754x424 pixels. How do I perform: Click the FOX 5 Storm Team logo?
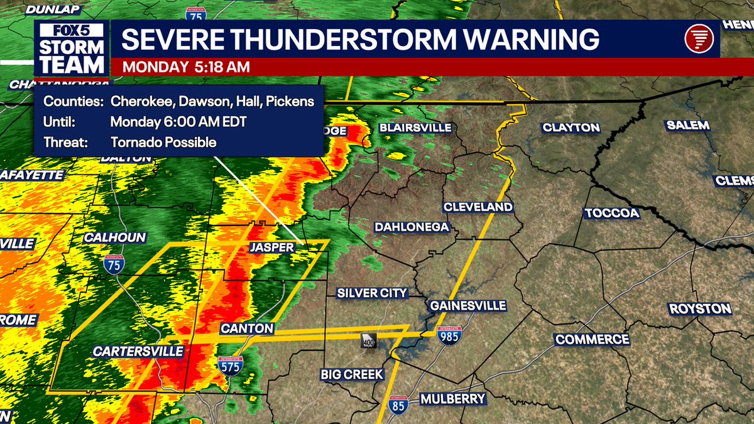pyautogui.click(x=72, y=49)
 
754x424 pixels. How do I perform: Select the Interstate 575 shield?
pyautogui.click(x=231, y=366)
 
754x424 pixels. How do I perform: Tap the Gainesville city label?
pyautogui.click(x=467, y=306)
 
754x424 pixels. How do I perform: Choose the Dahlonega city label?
pyautogui.click(x=411, y=227)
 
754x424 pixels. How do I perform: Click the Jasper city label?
pyautogui.click(x=271, y=247)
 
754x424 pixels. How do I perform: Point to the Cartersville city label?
pyautogui.click(x=138, y=351)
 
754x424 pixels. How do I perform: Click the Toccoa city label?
pyautogui.click(x=611, y=214)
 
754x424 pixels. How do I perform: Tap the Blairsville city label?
pyautogui.click(x=415, y=128)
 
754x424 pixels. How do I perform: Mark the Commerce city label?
pyautogui.click(x=591, y=340)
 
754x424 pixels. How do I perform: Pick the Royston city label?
pyautogui.click(x=700, y=309)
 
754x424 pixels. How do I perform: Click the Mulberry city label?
pyautogui.click(x=452, y=399)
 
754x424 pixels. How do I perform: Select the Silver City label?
pyautogui.click(x=372, y=293)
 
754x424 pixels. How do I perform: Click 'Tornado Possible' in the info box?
pyautogui.click(x=163, y=143)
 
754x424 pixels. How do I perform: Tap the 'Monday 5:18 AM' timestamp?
pyautogui.click(x=186, y=67)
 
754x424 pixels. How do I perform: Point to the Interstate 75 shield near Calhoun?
pyautogui.click(x=114, y=264)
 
